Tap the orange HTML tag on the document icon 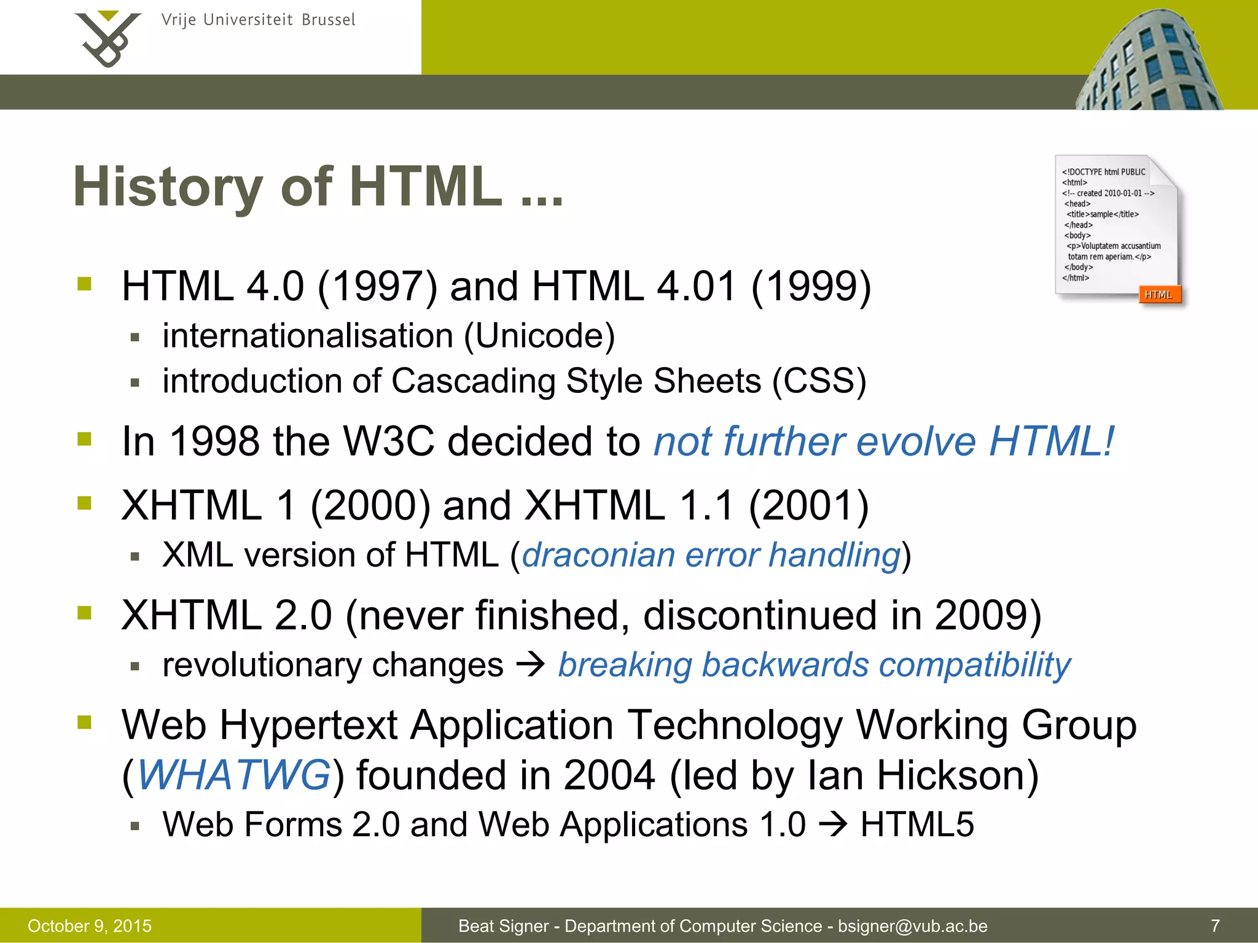pyautogui.click(x=1158, y=295)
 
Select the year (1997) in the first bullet pyautogui.click(x=377, y=287)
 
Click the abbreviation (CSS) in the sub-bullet pyautogui.click(x=819, y=381)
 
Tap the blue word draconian pyautogui.click(x=598, y=555)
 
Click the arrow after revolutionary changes pyautogui.click(x=531, y=664)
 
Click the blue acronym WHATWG pyautogui.click(x=234, y=775)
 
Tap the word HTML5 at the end pyautogui.click(x=917, y=824)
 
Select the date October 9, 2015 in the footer pyautogui.click(x=90, y=926)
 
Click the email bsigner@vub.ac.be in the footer pyautogui.click(x=913, y=926)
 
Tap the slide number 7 pyautogui.click(x=1215, y=925)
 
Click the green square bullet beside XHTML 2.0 pyautogui.click(x=85, y=613)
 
